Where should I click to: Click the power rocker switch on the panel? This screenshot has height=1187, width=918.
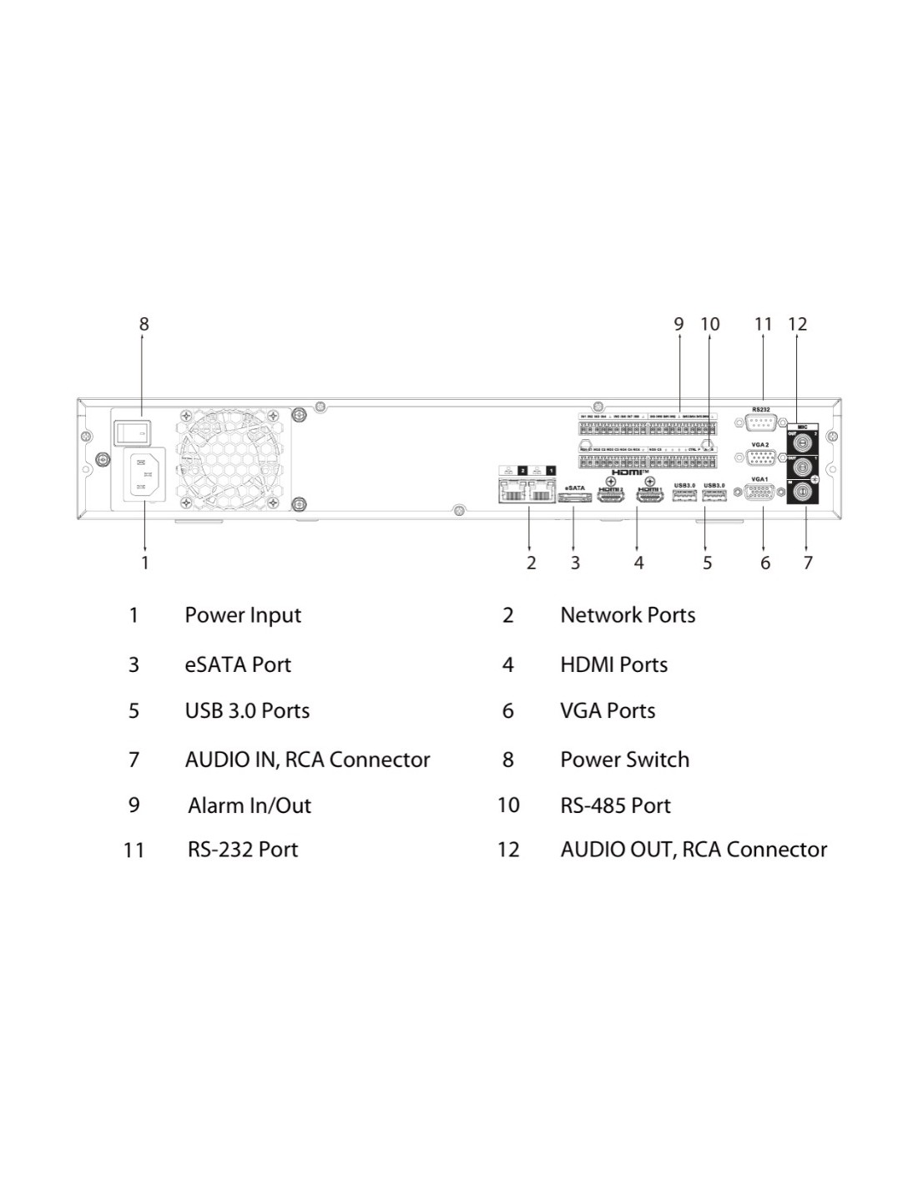[132, 432]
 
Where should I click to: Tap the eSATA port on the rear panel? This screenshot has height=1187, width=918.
[575, 498]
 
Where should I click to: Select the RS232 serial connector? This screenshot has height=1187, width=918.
[760, 422]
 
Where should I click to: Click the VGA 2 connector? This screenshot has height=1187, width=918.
[760, 457]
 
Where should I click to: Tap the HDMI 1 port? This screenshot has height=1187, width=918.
[649, 497]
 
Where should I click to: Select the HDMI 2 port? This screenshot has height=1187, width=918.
[611, 497]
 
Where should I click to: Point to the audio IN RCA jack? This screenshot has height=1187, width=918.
[803, 492]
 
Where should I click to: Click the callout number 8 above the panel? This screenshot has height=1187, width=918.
[144, 324]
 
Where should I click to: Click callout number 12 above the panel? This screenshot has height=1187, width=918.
[797, 324]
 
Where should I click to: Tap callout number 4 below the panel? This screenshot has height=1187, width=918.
[638, 563]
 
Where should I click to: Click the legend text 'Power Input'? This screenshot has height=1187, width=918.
[243, 615]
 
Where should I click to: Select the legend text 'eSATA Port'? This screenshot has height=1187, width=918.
[238, 665]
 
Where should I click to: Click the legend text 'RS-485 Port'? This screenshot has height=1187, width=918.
[615, 806]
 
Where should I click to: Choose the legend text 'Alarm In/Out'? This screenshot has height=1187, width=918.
[250, 806]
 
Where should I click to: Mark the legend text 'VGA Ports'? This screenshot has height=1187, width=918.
[608, 711]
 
